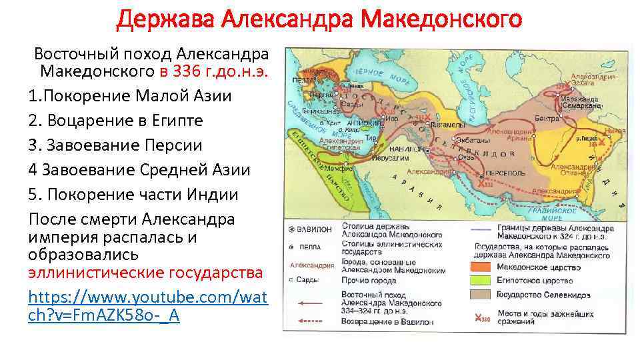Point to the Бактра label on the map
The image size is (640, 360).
(546, 118)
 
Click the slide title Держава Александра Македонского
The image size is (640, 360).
(319, 19)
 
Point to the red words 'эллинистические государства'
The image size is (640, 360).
(145, 273)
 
